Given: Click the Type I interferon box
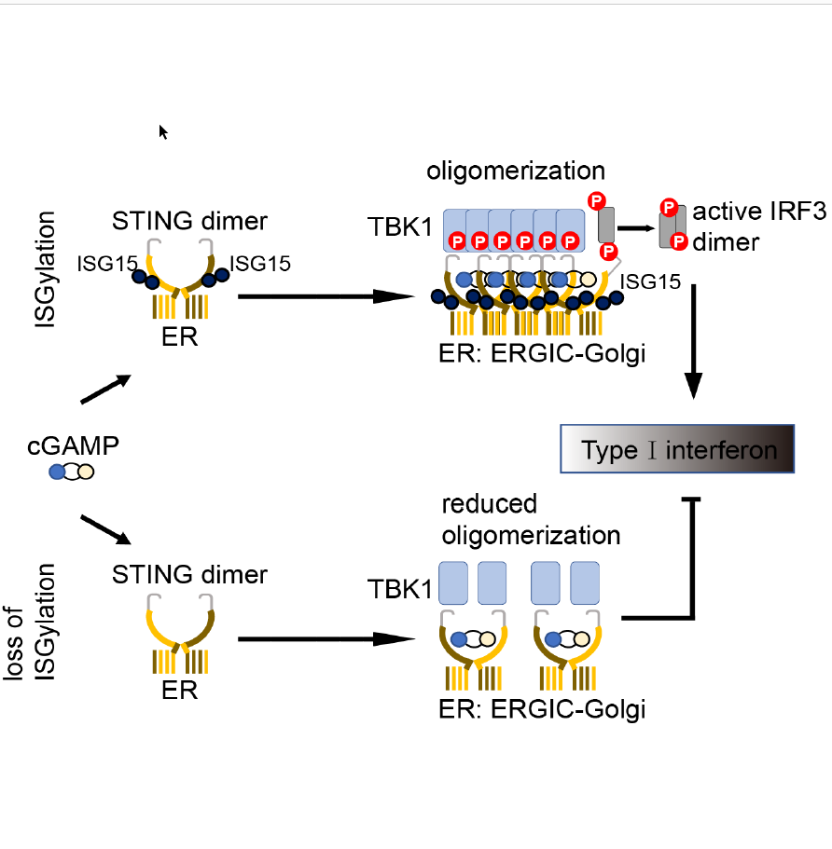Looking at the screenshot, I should [677, 450].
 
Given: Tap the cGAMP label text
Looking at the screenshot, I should [73, 445].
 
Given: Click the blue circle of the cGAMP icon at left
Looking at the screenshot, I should [57, 472].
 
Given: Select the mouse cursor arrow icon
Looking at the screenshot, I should [163, 131].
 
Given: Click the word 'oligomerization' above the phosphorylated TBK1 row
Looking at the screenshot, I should [516, 171].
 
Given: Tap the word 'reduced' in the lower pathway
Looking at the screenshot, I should [490, 504].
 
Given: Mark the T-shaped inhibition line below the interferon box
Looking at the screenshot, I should [692, 559].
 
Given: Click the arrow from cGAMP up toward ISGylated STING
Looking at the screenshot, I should [105, 390].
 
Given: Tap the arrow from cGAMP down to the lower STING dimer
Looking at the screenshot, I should [105, 528].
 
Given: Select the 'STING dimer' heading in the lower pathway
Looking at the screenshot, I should [189, 574].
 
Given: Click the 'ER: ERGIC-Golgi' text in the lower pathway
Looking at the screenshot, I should [541, 709].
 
